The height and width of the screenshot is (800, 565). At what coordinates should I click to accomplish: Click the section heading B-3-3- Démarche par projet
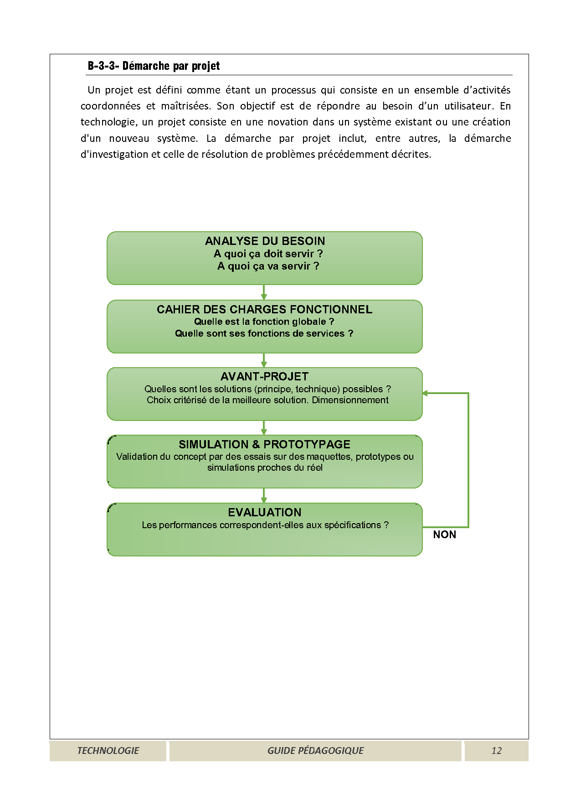pyautogui.click(x=154, y=66)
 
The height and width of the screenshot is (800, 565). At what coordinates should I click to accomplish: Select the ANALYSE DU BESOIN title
pyautogui.click(x=265, y=241)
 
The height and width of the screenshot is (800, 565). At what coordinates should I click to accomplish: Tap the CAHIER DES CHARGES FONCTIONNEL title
pyautogui.click(x=264, y=309)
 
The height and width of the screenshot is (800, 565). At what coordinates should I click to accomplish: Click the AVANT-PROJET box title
pyautogui.click(x=264, y=376)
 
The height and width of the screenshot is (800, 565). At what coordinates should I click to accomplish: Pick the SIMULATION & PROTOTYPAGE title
pyautogui.click(x=264, y=444)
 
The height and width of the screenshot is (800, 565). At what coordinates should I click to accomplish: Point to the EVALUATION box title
pyautogui.click(x=264, y=512)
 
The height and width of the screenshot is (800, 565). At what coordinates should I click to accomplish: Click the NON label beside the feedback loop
pyautogui.click(x=444, y=535)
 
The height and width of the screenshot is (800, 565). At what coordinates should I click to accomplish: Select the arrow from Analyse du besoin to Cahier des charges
pyautogui.click(x=264, y=292)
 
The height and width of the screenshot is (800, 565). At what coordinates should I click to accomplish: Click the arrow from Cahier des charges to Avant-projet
pyautogui.click(x=264, y=360)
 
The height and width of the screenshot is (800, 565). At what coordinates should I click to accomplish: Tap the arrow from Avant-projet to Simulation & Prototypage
pyautogui.click(x=264, y=428)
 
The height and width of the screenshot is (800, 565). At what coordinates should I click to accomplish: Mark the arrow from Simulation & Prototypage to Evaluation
pyautogui.click(x=264, y=496)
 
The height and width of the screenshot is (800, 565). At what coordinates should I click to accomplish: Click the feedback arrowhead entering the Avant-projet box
pyautogui.click(x=426, y=393)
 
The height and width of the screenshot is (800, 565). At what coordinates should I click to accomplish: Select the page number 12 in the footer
pyautogui.click(x=496, y=751)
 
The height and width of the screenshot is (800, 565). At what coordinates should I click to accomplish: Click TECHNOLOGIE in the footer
pyautogui.click(x=108, y=751)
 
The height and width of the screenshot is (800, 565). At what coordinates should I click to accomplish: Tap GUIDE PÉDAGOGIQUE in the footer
pyautogui.click(x=315, y=751)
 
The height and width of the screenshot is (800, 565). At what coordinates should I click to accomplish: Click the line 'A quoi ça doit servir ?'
pyautogui.click(x=268, y=254)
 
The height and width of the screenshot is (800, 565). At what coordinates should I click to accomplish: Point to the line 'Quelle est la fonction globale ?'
pyautogui.click(x=264, y=322)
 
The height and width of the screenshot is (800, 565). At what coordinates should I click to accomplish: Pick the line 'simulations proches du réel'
pyautogui.click(x=265, y=468)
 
